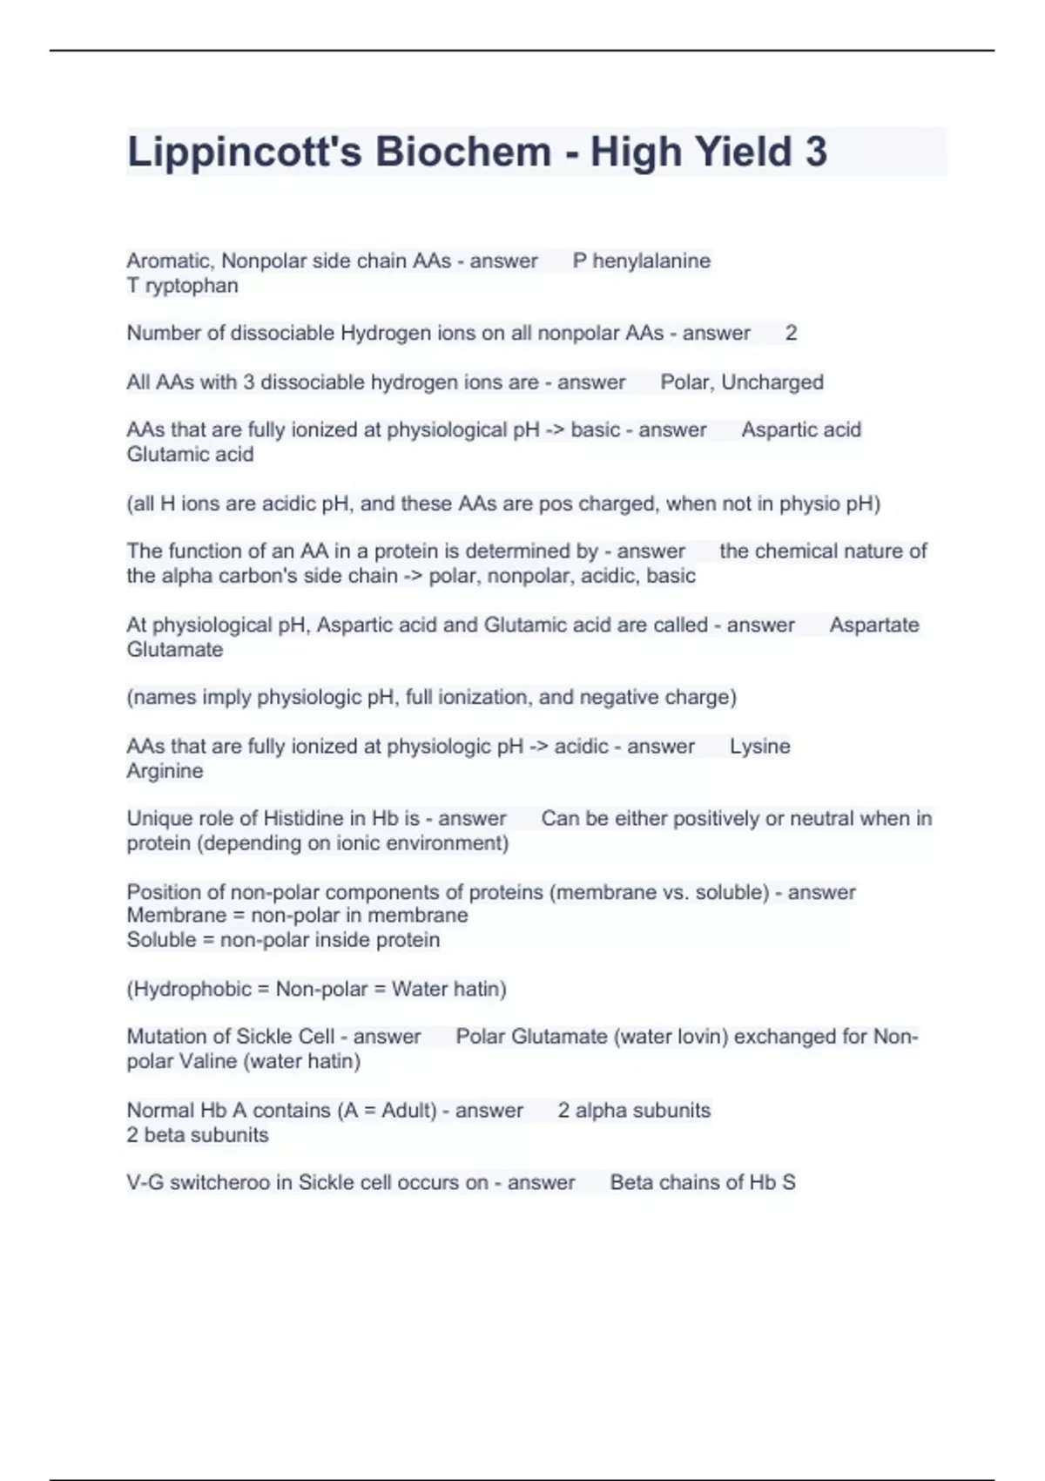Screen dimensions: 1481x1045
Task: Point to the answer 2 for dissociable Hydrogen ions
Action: tap(791, 333)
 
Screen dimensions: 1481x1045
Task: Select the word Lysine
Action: tap(759, 747)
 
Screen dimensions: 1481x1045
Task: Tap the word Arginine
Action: tap(165, 771)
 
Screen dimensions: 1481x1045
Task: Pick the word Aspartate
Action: tap(873, 626)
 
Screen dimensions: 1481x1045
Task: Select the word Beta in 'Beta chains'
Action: tap(630, 1183)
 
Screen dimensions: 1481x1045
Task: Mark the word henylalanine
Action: tap(651, 261)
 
